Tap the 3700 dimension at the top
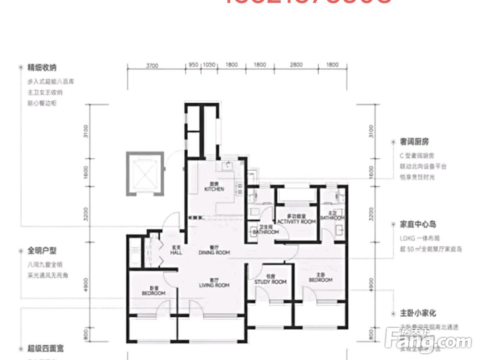click(152, 65)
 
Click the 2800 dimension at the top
click(297, 65)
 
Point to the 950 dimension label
click(194, 65)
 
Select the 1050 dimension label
click(209, 65)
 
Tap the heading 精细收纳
click(42, 68)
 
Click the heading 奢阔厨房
click(415, 142)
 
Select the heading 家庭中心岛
click(418, 224)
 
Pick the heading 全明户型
click(42, 251)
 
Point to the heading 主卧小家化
click(418, 313)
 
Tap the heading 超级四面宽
click(42, 348)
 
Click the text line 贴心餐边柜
click(42, 103)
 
